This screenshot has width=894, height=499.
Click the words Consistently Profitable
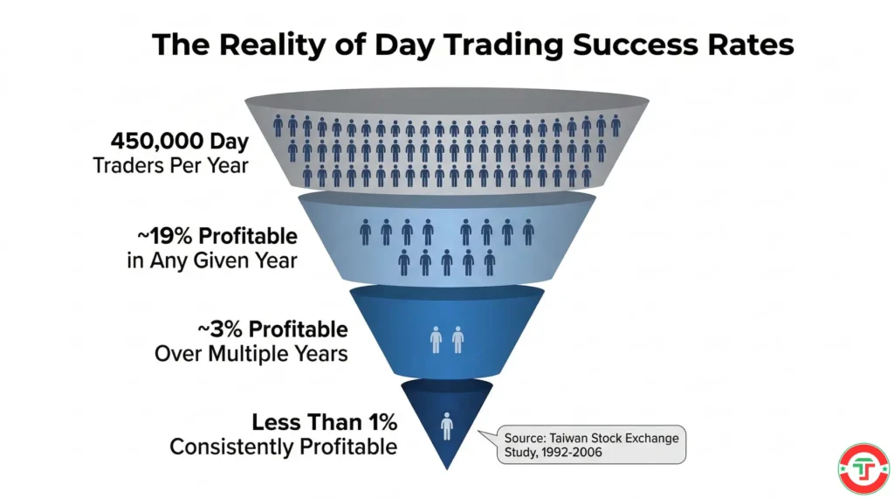tap(283, 447)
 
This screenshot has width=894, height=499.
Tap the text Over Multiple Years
tap(251, 354)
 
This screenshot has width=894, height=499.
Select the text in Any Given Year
tap(212, 260)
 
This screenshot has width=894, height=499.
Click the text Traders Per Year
tap(170, 164)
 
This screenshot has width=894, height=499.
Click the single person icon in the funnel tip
tap(447, 427)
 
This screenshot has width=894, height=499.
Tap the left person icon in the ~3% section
tap(437, 340)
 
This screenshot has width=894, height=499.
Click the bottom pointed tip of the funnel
tap(447, 468)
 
